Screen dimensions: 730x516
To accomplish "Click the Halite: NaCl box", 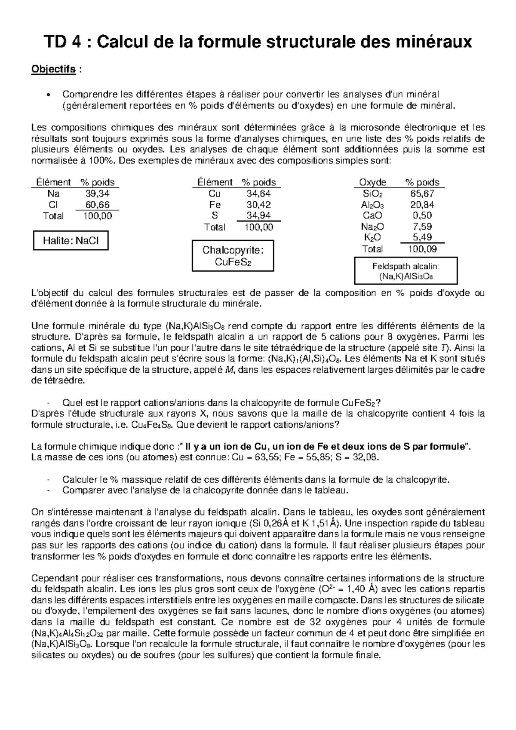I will [71, 241].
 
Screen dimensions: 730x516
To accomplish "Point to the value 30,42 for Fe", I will [258, 205].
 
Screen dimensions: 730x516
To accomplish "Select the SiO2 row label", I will [372, 194].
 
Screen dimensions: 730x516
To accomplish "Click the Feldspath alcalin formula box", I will [405, 271].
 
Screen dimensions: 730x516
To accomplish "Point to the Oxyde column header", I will [372, 182].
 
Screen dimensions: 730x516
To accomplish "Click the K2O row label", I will [372, 238].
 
